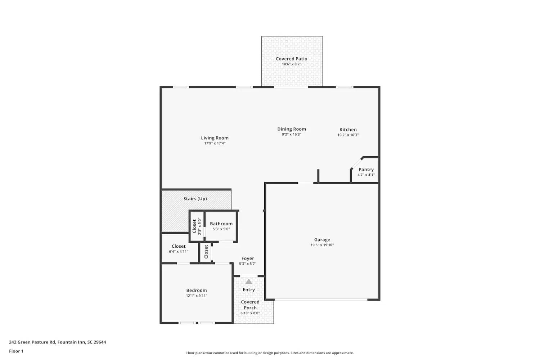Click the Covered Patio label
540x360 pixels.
pos(291,59)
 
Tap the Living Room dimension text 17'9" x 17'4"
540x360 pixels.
pos(215,143)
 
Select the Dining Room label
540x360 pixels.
pos(291,129)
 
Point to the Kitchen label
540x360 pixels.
pos(348,130)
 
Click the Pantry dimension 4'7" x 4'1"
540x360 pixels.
pos(366,175)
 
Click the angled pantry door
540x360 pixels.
pos(356,163)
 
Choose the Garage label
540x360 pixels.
pos(322,239)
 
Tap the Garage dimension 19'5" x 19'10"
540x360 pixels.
pos(322,245)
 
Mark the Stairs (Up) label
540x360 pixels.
pos(195,199)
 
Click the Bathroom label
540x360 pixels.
pos(221,224)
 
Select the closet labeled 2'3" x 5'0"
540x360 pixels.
pos(197,226)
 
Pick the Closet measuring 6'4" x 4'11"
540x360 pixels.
pos(179,249)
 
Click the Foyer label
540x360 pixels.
pos(247,258)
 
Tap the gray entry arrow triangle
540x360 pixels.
pos(249,282)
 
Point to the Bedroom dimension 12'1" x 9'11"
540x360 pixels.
pos(196,296)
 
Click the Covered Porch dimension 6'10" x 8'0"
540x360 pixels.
pos(250,313)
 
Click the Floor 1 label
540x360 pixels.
pos(16,351)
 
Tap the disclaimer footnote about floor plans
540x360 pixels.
pos(270,353)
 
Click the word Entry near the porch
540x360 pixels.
pos(248,290)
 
